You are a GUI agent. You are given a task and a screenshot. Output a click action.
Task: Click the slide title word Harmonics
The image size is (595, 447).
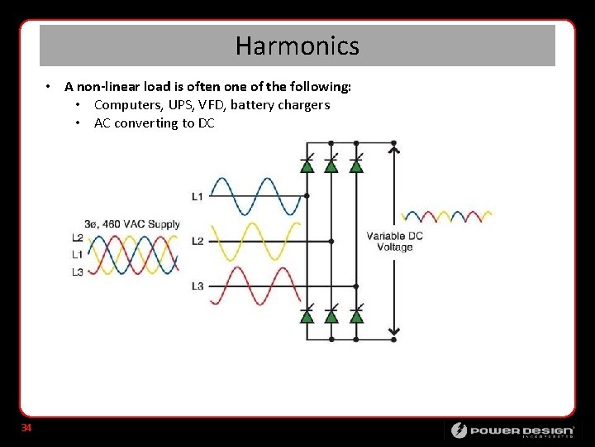tap(297, 46)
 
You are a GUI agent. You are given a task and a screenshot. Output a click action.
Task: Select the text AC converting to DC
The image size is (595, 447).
tap(154, 123)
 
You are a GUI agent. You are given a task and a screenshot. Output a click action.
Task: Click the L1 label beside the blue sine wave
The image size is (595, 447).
tap(198, 196)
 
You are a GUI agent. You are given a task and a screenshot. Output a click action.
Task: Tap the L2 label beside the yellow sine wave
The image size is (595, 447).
tap(198, 241)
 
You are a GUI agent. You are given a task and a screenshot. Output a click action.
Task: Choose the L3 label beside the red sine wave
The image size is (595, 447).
tap(198, 286)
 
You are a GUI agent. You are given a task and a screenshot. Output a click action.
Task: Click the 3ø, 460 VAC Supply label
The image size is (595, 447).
tap(131, 224)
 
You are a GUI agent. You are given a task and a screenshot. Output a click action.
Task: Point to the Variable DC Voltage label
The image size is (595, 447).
tap(394, 241)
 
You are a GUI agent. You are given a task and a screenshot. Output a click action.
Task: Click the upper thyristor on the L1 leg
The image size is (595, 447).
tap(307, 164)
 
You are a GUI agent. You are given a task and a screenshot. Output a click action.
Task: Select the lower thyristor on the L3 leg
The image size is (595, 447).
tap(356, 315)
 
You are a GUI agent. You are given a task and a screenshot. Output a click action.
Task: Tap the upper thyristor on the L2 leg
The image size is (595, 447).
tap(331, 164)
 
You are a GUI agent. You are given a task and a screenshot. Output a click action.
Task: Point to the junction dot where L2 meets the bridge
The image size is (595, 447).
tap(331, 241)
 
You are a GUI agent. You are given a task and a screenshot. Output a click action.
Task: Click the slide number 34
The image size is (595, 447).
tap(26, 428)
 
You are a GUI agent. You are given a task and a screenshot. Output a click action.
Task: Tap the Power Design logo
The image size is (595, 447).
tap(512, 430)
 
